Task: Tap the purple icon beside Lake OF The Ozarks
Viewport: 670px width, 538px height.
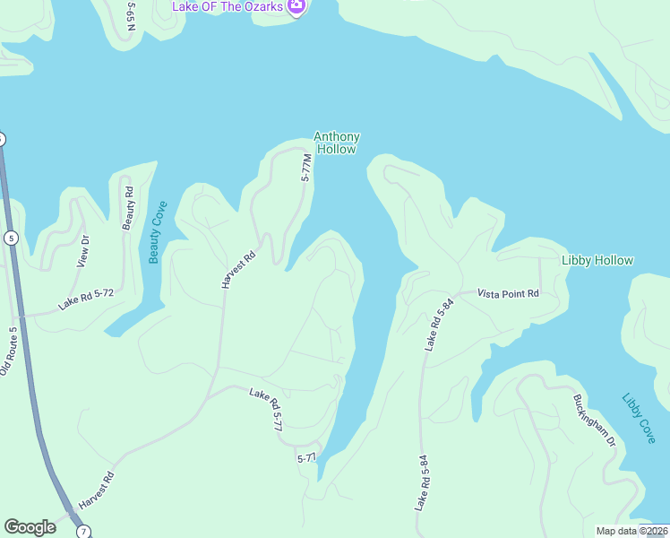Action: (297, 6)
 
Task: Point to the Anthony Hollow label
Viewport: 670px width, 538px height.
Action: (337, 143)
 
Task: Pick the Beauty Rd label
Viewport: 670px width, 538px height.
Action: (128, 207)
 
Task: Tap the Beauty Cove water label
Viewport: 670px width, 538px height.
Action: (155, 232)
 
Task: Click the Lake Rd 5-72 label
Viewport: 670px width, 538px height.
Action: (86, 298)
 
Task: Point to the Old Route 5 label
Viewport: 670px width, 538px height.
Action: (9, 351)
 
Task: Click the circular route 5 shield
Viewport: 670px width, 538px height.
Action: (11, 238)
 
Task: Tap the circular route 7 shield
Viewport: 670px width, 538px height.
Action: (83, 532)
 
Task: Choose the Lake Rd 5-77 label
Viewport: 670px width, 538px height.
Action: (266, 409)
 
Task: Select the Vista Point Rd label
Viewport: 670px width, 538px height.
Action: (508, 293)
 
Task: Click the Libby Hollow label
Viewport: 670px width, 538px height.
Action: (597, 261)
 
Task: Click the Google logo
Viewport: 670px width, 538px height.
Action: (30, 527)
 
